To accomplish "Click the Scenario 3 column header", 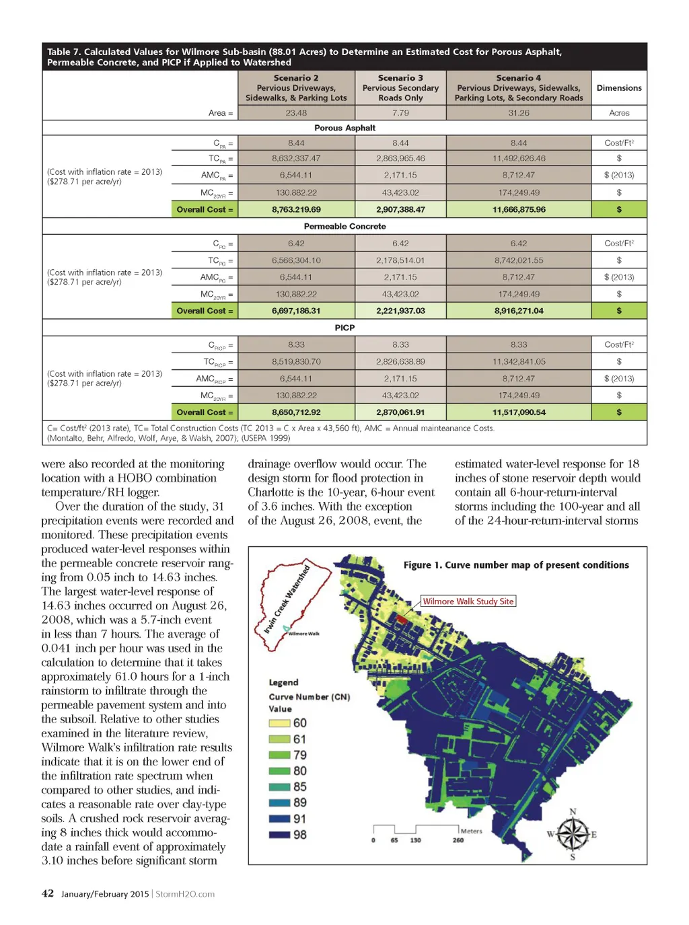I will coord(400,87).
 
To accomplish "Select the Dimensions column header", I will coord(619,88).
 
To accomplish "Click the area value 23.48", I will coord(296,113).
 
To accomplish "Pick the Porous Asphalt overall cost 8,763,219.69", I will coord(296,210).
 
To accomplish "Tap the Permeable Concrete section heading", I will coord(344,227).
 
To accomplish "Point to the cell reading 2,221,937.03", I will coord(400,311).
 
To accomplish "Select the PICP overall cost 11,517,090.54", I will coord(519,412).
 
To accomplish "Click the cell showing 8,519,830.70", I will coord(296,362).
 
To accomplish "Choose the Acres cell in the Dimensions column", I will coord(619,113).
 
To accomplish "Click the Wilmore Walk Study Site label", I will coord(468,601).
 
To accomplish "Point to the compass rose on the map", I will coord(572,834).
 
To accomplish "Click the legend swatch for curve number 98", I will coord(279,835).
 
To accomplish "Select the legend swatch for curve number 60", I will coord(279,723).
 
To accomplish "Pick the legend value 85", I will coord(300,787).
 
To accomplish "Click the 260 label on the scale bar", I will coord(458,840).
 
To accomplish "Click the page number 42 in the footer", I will coord(48,894).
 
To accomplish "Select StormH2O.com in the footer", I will coord(185,894).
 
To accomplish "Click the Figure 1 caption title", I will coord(516,565).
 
